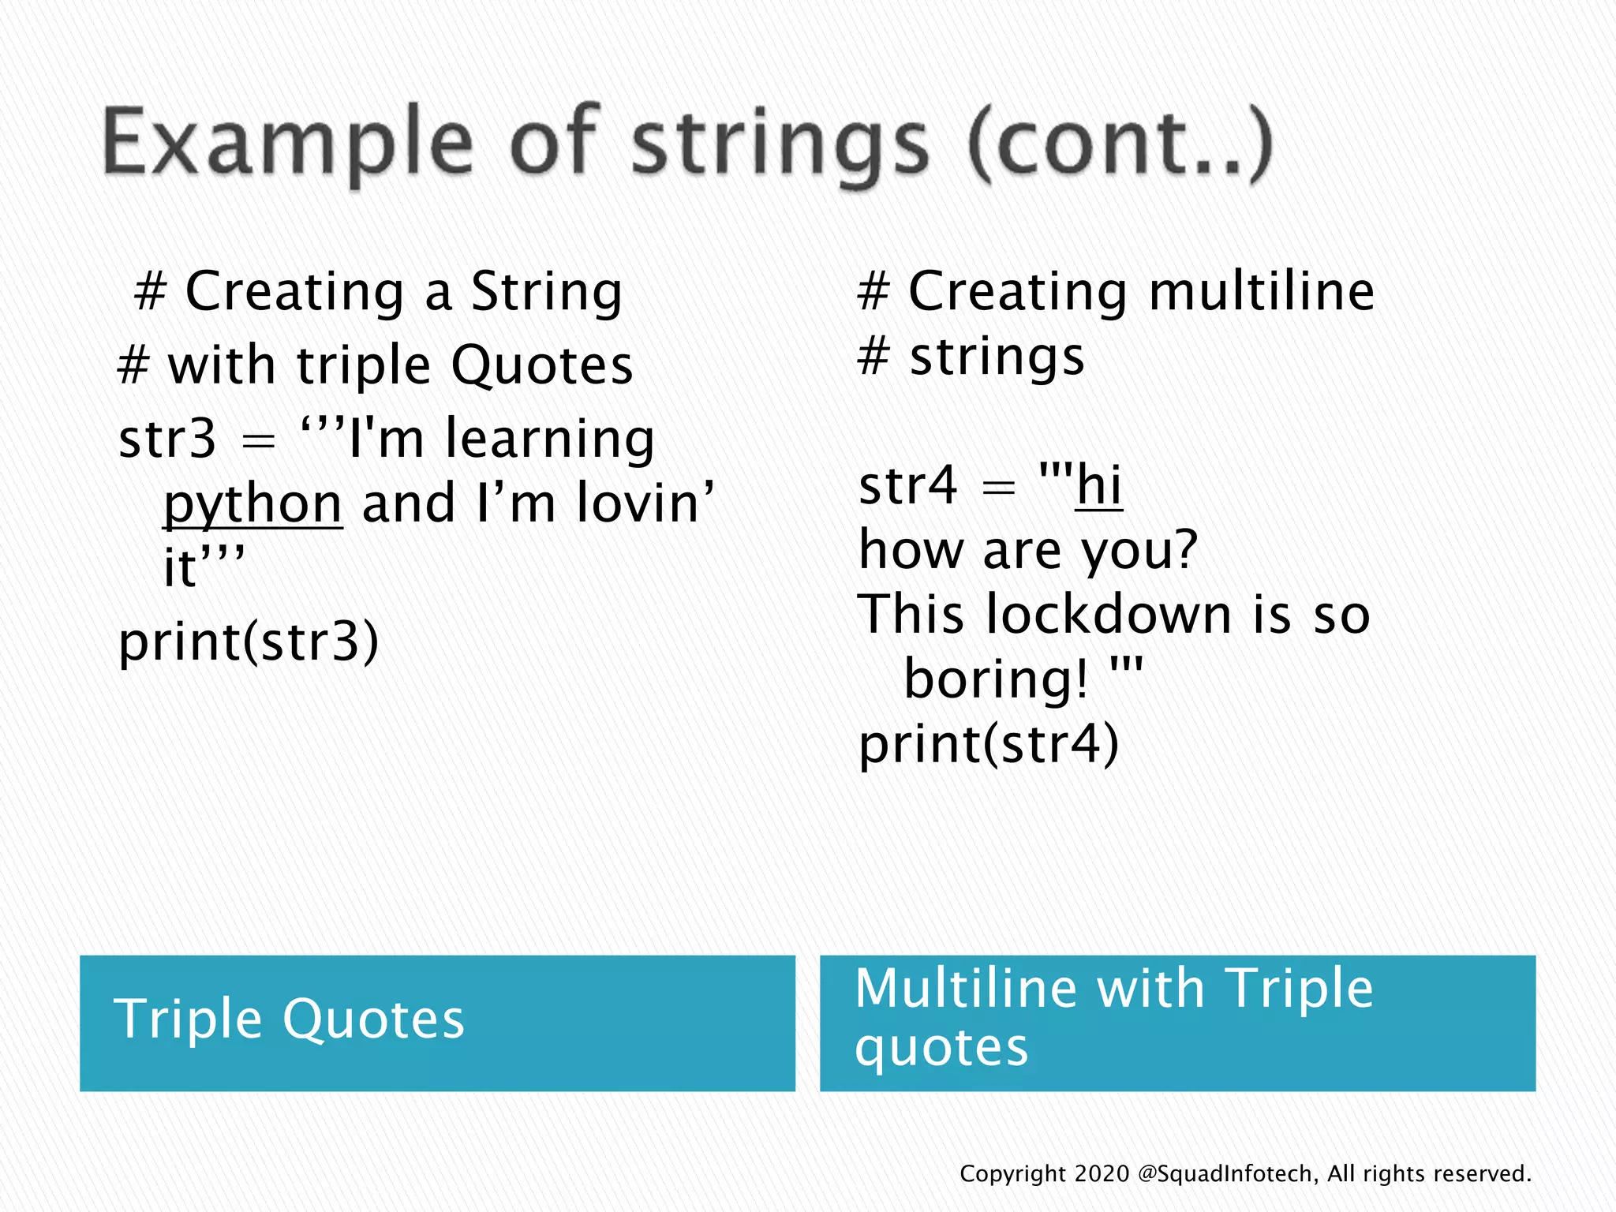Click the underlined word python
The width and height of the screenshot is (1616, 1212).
pos(252,504)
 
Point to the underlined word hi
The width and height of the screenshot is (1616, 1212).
pos(1098,485)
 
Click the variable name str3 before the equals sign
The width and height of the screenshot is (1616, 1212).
pos(166,439)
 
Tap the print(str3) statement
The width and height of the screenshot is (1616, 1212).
pos(249,641)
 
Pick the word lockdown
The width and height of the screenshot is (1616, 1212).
pos(1109,615)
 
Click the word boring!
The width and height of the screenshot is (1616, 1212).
pos(996,679)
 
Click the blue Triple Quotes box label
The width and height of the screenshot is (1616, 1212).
pos(290,1019)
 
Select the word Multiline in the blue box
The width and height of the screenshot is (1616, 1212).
pos(966,988)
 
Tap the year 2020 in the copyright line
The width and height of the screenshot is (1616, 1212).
pos(1102,1174)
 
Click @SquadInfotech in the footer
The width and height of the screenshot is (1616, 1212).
pos(1228,1174)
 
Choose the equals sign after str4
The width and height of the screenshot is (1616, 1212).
pos(998,488)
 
